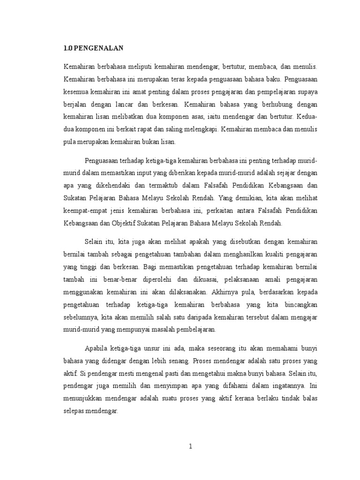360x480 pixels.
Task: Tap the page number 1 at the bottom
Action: [x=190, y=446]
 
